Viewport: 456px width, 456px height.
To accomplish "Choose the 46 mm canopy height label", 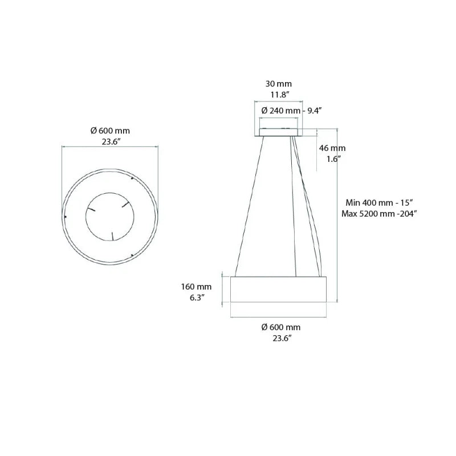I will (332, 148).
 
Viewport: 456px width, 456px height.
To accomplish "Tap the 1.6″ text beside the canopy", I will (333, 159).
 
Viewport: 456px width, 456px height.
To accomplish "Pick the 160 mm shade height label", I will (197, 286).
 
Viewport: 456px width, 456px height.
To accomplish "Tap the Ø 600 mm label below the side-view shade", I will (280, 327).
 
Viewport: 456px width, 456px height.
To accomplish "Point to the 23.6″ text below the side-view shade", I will (280, 339).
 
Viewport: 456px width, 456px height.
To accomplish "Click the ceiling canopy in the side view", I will (279, 133).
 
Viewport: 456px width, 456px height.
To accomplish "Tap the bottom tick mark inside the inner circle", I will (112, 235).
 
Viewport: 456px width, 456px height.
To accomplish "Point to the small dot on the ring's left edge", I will (66, 217).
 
